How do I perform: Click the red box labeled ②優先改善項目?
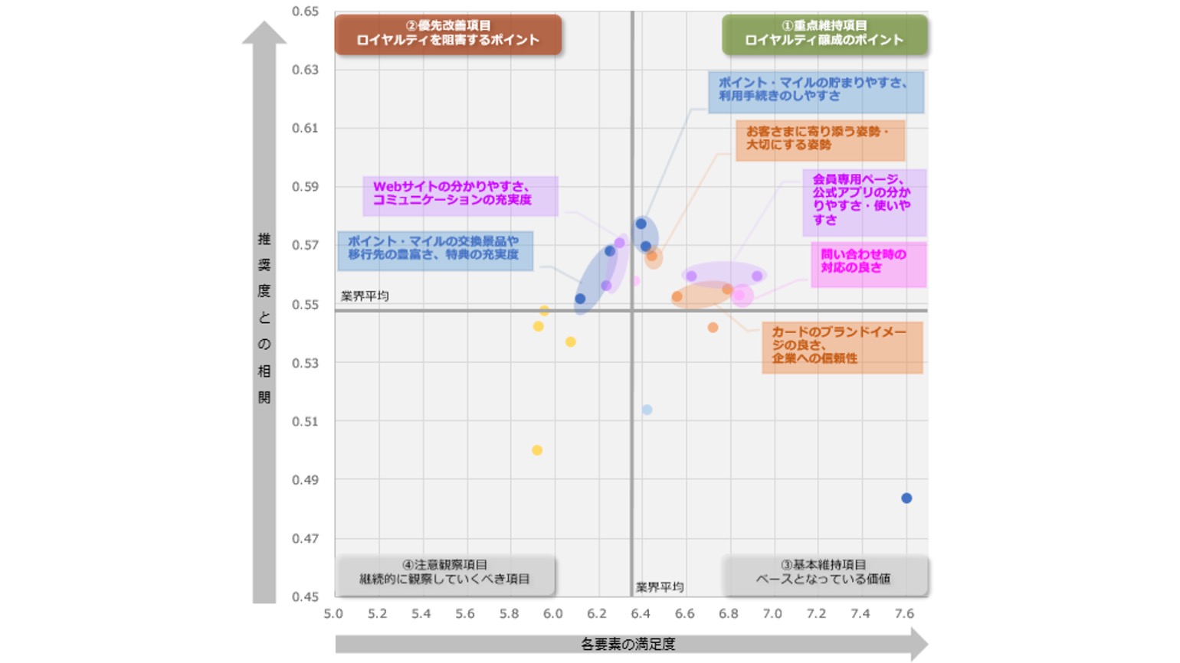448,34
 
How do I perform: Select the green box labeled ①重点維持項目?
824,34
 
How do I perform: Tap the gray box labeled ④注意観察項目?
445,573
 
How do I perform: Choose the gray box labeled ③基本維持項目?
824,573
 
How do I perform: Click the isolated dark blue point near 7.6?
906,498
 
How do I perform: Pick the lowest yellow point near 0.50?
537,450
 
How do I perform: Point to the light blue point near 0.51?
647,410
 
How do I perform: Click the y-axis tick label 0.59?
305,186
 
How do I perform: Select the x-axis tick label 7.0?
772,614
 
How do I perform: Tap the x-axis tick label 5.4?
421,614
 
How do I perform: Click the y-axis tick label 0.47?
305,539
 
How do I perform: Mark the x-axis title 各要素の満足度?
628,645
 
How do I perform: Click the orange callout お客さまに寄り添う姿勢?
820,139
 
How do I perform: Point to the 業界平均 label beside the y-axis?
365,296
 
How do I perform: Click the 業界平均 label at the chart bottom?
660,587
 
